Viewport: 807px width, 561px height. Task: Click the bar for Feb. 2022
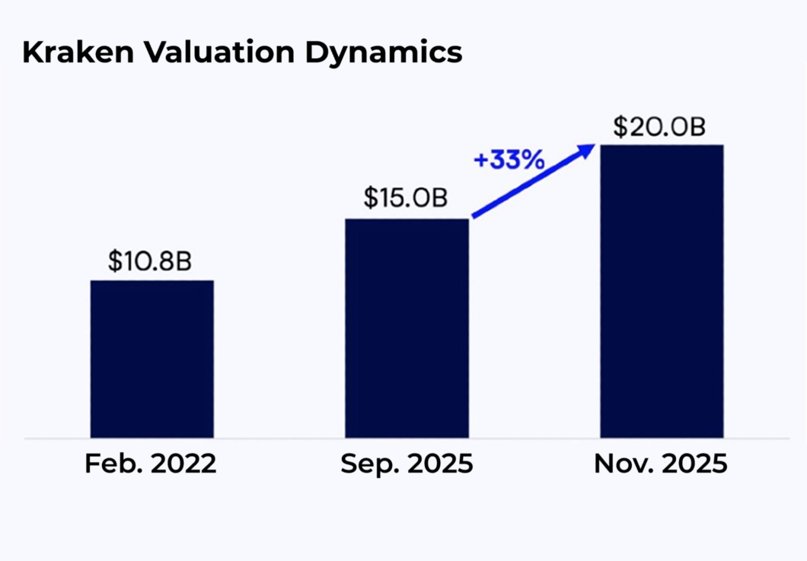152,359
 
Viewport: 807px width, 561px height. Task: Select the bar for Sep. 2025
407,328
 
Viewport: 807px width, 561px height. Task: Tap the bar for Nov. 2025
661,291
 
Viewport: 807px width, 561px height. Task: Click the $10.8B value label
149,261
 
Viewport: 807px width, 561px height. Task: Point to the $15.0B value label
404,198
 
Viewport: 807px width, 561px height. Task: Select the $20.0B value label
659,126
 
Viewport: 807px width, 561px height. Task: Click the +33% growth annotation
509,161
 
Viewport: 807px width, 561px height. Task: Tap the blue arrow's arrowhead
587,150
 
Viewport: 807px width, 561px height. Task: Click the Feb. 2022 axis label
151,464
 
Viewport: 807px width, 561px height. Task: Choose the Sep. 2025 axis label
407,464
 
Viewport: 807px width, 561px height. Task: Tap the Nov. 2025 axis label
660,464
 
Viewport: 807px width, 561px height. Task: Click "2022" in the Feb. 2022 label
184,464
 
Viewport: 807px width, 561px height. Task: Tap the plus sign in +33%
481,161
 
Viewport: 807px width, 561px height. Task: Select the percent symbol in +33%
533,161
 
